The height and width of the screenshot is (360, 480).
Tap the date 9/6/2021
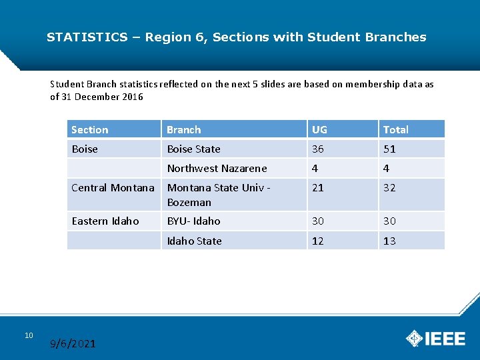pos(73,344)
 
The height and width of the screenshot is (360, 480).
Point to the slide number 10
pos(29,335)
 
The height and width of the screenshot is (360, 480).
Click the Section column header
pos(89,129)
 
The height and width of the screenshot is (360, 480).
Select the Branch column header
pos(183,129)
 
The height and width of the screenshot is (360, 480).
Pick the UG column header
pos(319,129)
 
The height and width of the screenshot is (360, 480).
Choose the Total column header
pos(395,129)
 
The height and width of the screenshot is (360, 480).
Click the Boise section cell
pos(85,149)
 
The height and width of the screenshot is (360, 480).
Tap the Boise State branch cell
pos(193,149)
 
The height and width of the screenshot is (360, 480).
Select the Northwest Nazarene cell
pos(217,168)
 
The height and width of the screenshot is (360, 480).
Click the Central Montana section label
pos(113,187)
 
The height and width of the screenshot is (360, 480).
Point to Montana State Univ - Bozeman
pos(218,195)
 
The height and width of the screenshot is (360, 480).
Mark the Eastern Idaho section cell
pos(105,221)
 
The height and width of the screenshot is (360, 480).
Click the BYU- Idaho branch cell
pos(193,221)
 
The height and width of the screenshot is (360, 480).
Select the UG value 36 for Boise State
pos(318,149)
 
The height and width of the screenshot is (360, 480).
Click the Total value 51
pos(389,149)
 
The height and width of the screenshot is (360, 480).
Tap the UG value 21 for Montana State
pos(318,187)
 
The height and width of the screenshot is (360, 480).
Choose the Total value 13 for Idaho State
pos(389,241)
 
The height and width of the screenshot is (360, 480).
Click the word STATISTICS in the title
pos(87,37)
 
